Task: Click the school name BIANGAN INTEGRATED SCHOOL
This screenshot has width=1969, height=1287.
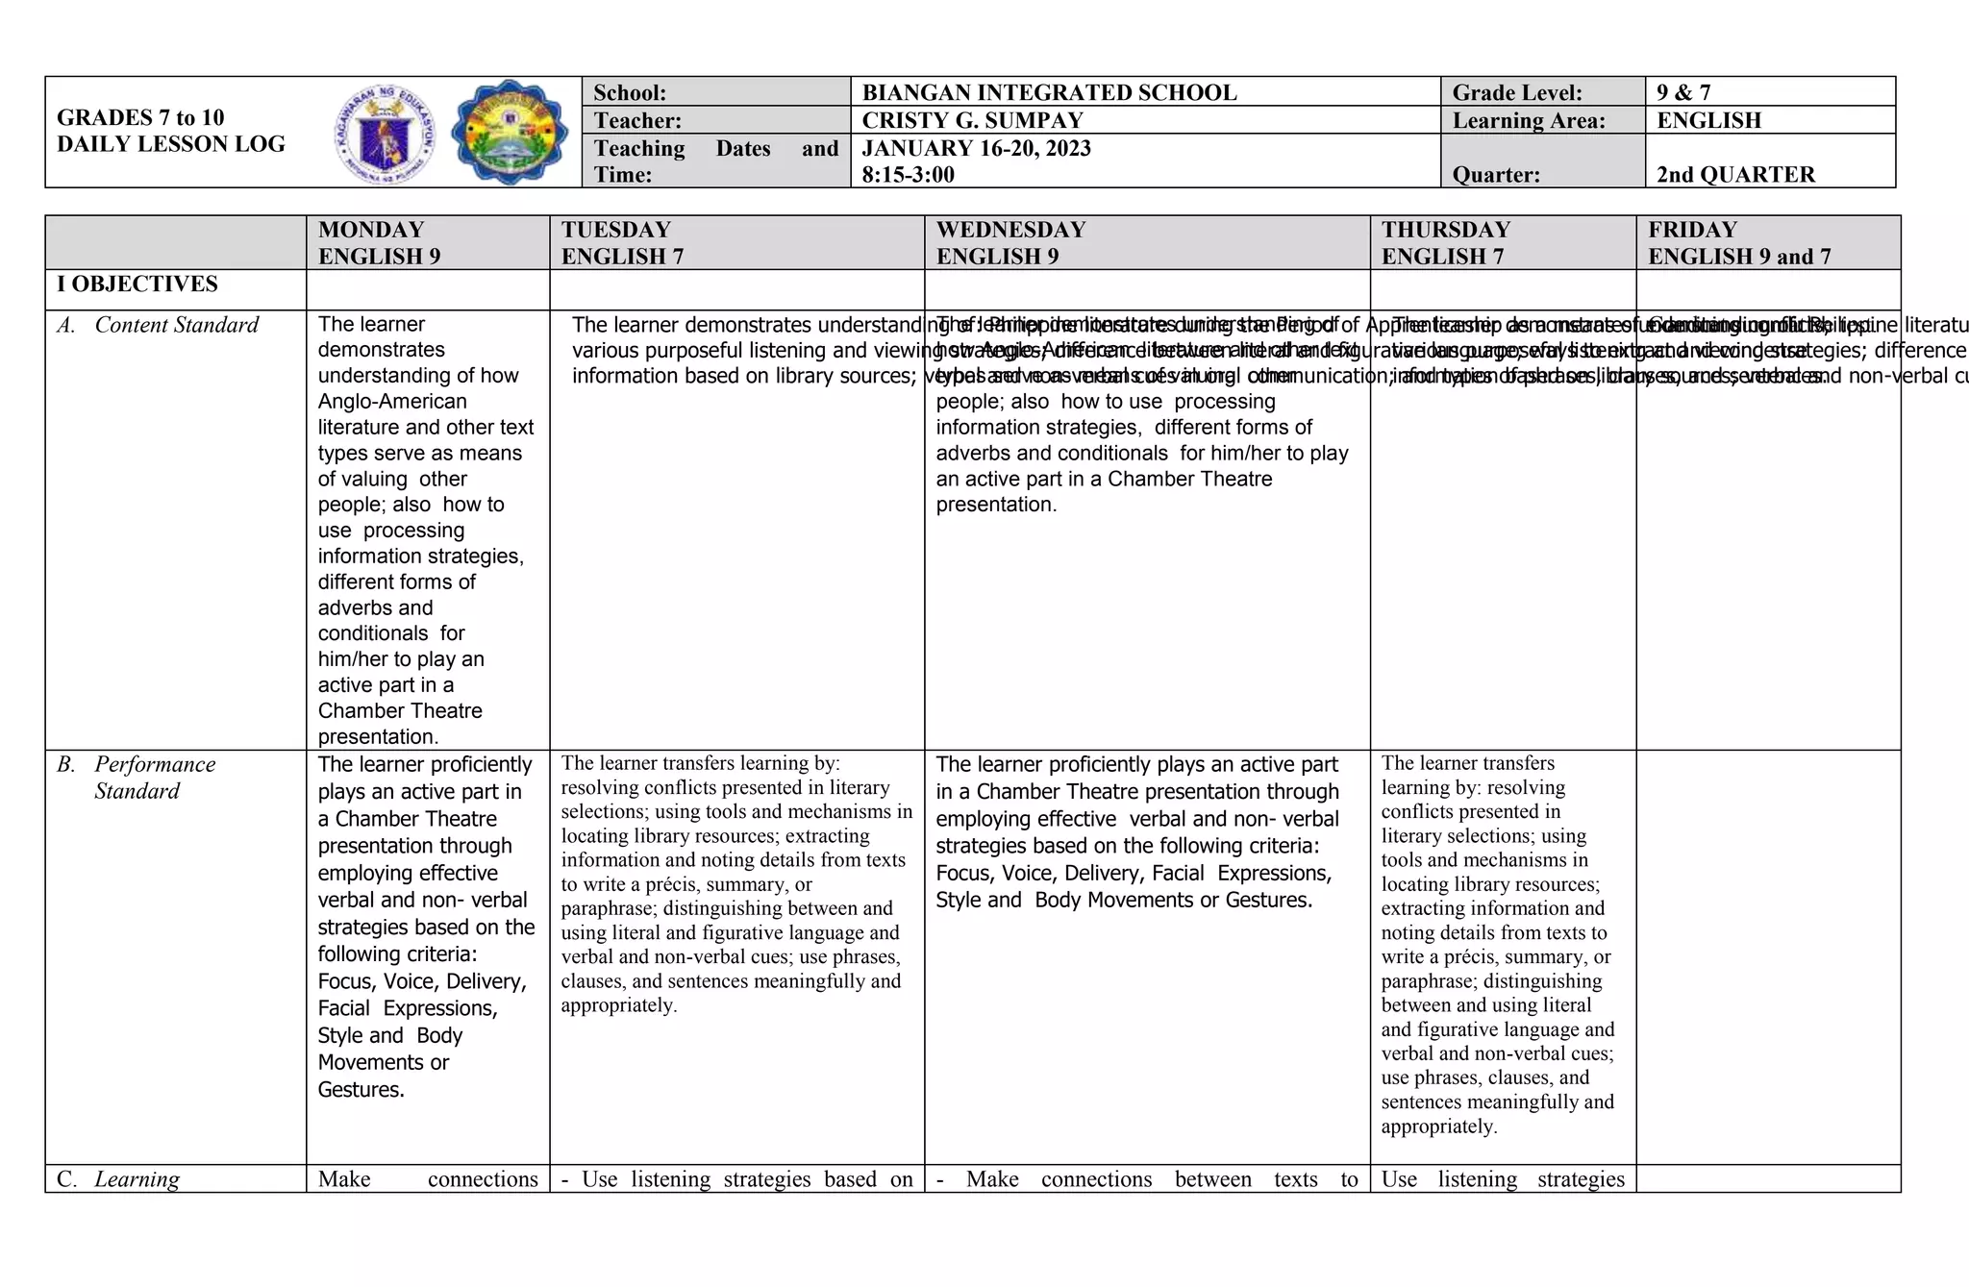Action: [1049, 92]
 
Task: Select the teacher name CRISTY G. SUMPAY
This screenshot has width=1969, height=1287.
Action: [972, 120]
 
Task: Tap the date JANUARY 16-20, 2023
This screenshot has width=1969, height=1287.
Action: [976, 148]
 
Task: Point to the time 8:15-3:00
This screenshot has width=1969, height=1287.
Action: [908, 175]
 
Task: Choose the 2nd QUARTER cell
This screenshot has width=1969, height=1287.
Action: [1735, 175]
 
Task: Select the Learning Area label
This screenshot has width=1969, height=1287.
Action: [1528, 120]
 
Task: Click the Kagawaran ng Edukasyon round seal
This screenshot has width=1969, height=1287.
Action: [385, 134]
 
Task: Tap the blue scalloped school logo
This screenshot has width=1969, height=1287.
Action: [509, 133]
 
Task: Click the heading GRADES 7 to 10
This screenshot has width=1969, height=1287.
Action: [140, 117]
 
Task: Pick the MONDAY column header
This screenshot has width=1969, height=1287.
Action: [371, 230]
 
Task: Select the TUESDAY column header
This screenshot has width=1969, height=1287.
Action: [615, 230]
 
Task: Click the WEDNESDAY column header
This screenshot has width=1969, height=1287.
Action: [1010, 230]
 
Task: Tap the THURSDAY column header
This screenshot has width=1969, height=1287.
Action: [1445, 230]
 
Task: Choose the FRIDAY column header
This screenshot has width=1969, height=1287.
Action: [1692, 230]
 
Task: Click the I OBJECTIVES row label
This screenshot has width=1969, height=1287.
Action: [137, 284]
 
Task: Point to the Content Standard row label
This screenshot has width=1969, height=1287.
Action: [176, 325]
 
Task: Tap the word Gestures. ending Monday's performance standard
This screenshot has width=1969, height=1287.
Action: [361, 1089]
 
